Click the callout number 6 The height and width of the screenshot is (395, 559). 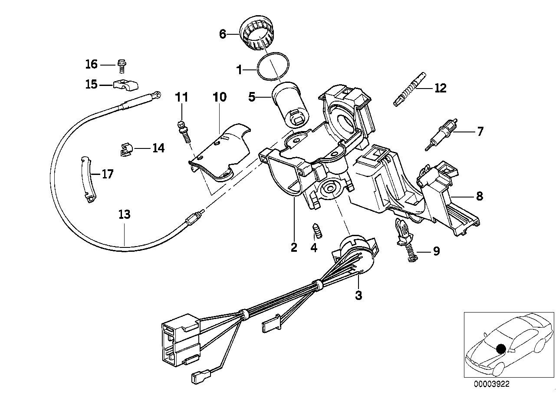tap(223, 34)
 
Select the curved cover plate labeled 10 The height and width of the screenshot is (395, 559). tap(221, 150)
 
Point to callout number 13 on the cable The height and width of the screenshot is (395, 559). tap(124, 215)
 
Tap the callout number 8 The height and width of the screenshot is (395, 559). tap(479, 196)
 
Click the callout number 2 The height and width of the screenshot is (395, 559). tap(294, 247)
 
